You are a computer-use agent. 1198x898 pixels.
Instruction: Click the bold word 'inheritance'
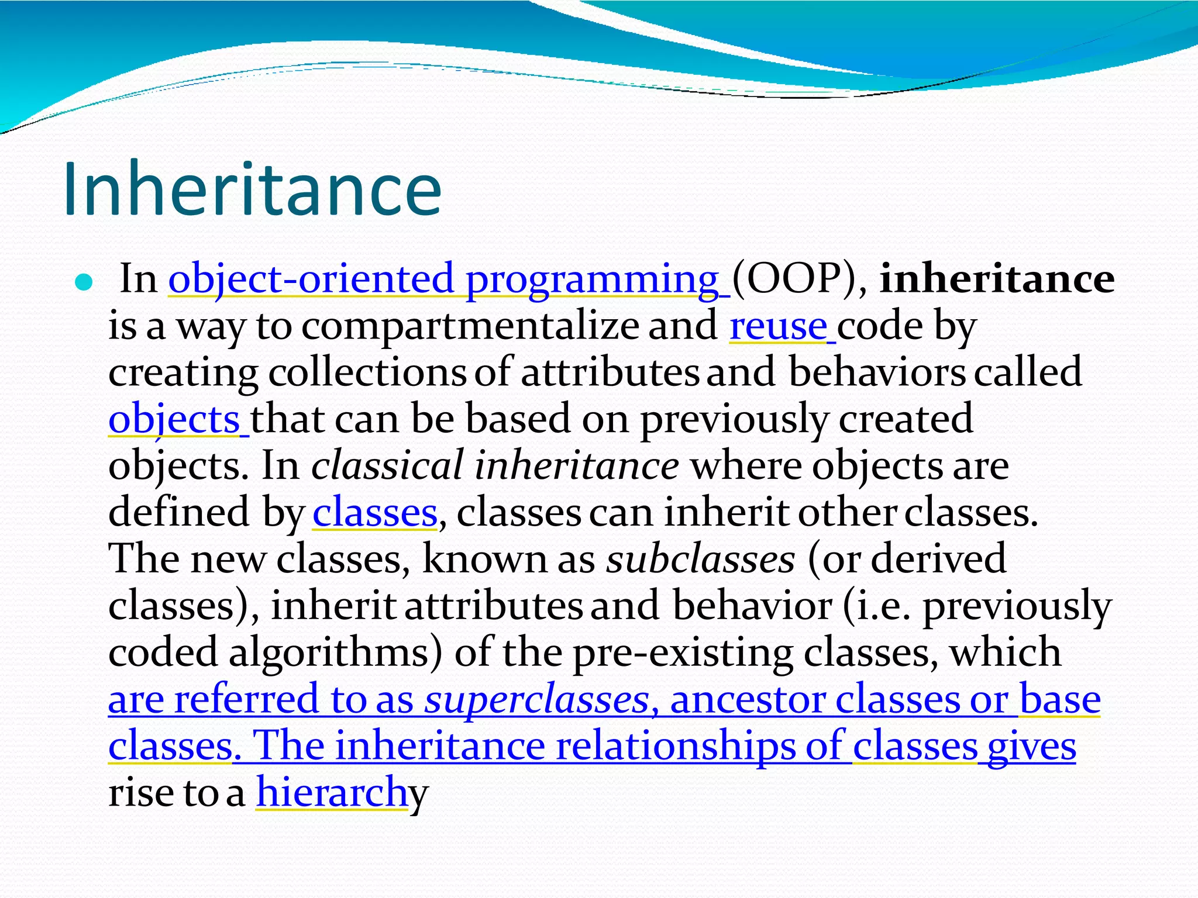click(997, 279)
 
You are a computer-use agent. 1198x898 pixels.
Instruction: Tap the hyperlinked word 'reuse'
click(778, 326)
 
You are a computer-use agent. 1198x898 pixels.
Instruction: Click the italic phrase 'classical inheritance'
click(495, 467)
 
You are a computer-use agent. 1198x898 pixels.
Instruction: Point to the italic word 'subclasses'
click(700, 559)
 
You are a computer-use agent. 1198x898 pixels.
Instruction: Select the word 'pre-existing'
click(681, 652)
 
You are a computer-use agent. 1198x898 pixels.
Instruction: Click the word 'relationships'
click(676, 746)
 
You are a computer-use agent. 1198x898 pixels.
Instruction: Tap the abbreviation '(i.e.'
click(877, 606)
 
